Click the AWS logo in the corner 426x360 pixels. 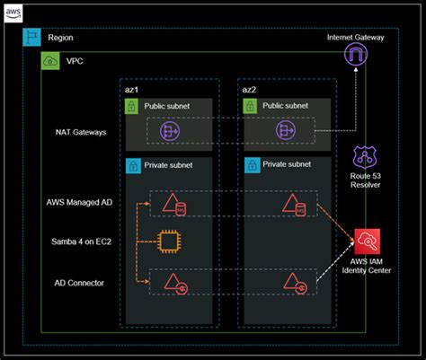pyautogui.click(x=13, y=13)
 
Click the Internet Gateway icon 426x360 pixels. pyautogui.click(x=357, y=57)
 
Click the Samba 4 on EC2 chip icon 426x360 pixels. pyautogui.click(x=168, y=241)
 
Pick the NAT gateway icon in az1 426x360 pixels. pyautogui.click(x=171, y=132)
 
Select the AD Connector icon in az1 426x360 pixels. pyautogui.click(x=173, y=284)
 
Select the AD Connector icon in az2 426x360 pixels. pyautogui.click(x=294, y=284)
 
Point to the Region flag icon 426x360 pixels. pyautogui.click(x=31, y=39)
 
